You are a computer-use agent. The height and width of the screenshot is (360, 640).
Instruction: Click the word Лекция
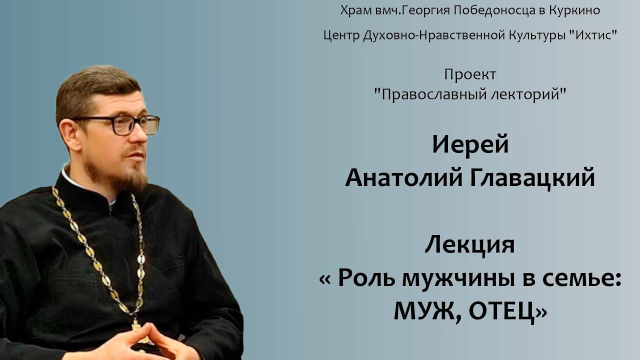pyautogui.click(x=470, y=246)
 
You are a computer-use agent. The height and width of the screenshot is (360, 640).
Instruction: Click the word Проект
pyautogui.click(x=470, y=75)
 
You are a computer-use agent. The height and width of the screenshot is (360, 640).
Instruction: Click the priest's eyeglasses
pyautogui.click(x=120, y=124)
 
